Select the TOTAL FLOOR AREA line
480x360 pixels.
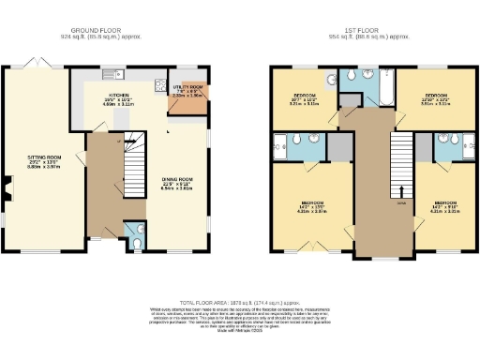point(239,302)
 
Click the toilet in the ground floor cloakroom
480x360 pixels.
point(137,242)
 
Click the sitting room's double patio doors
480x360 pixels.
point(36,62)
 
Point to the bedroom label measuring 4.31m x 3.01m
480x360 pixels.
point(442,207)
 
